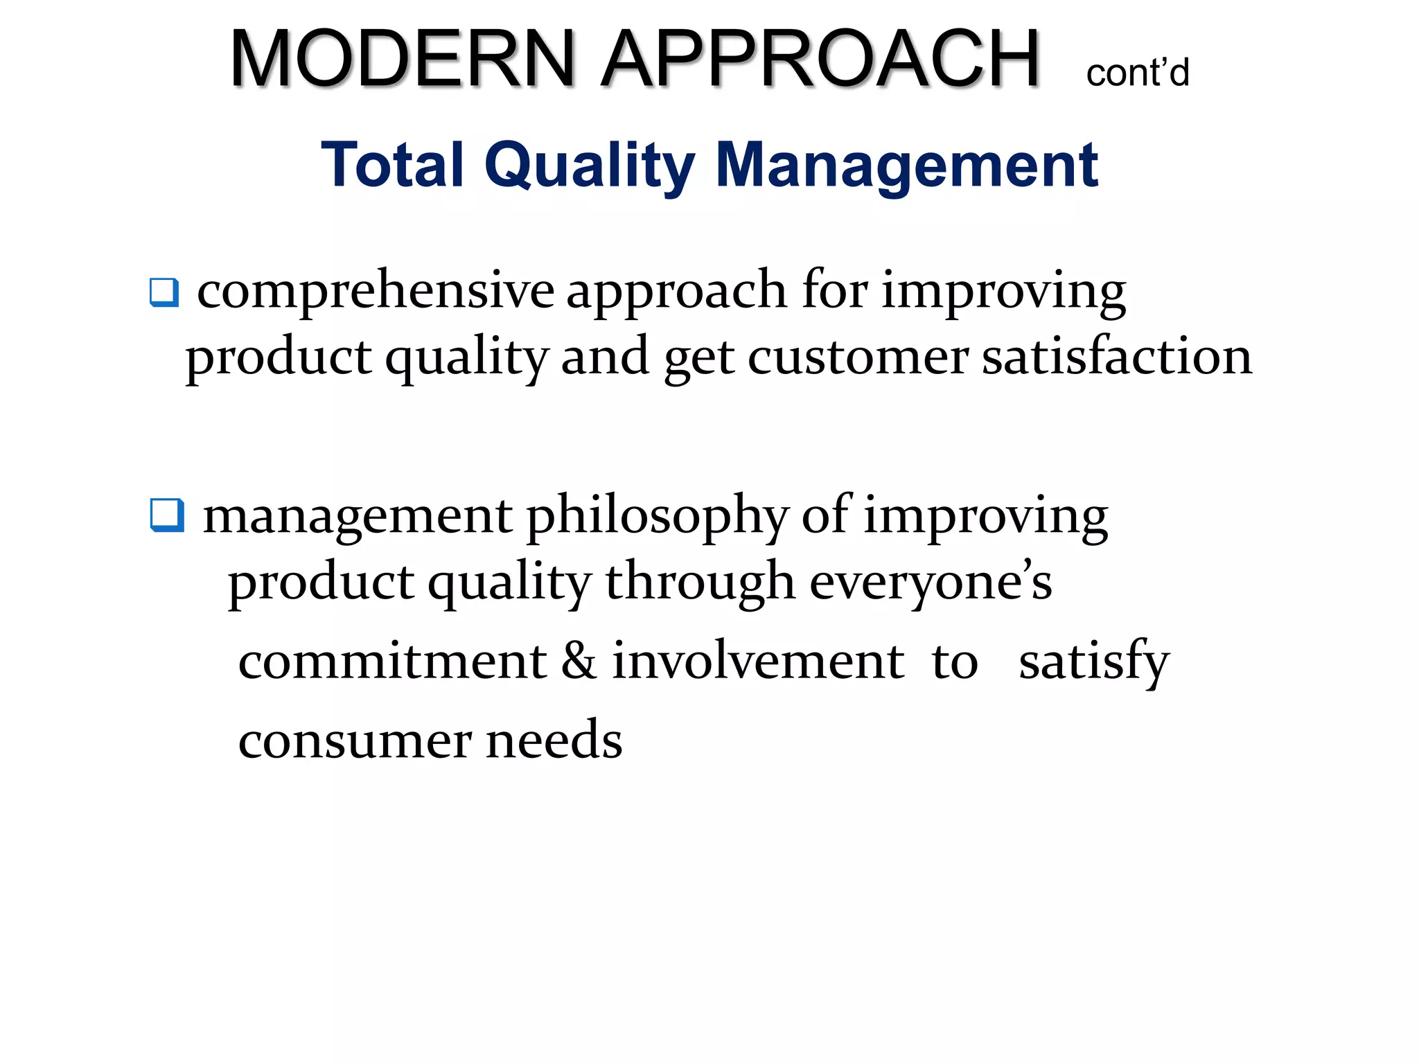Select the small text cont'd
(1137, 73)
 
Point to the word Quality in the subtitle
(590, 166)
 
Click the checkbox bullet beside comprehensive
(164, 292)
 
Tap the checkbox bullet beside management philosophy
(167, 516)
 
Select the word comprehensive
(376, 291)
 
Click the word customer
(858, 357)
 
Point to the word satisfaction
(1117, 357)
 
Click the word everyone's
(931, 583)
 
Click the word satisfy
(1093, 662)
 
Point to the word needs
(554, 740)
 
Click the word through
(700, 583)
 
